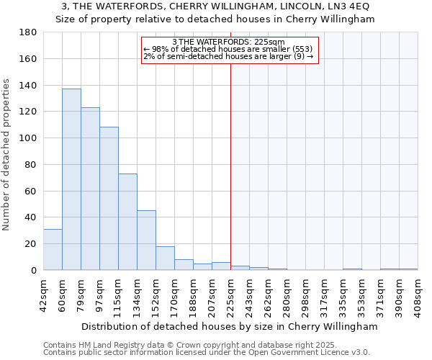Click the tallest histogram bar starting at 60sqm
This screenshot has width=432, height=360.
(x=71, y=179)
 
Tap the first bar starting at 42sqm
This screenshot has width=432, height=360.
(x=53, y=249)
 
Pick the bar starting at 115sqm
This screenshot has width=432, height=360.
(x=127, y=222)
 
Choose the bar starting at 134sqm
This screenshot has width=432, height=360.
(x=146, y=240)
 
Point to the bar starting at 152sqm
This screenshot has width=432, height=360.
(x=165, y=258)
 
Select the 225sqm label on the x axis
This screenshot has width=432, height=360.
(x=230, y=293)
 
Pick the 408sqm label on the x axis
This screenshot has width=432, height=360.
(x=418, y=293)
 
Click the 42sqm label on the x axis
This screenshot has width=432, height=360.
(x=43, y=293)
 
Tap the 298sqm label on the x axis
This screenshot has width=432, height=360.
(x=305, y=293)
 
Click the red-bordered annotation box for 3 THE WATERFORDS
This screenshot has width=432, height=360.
(x=229, y=49)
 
